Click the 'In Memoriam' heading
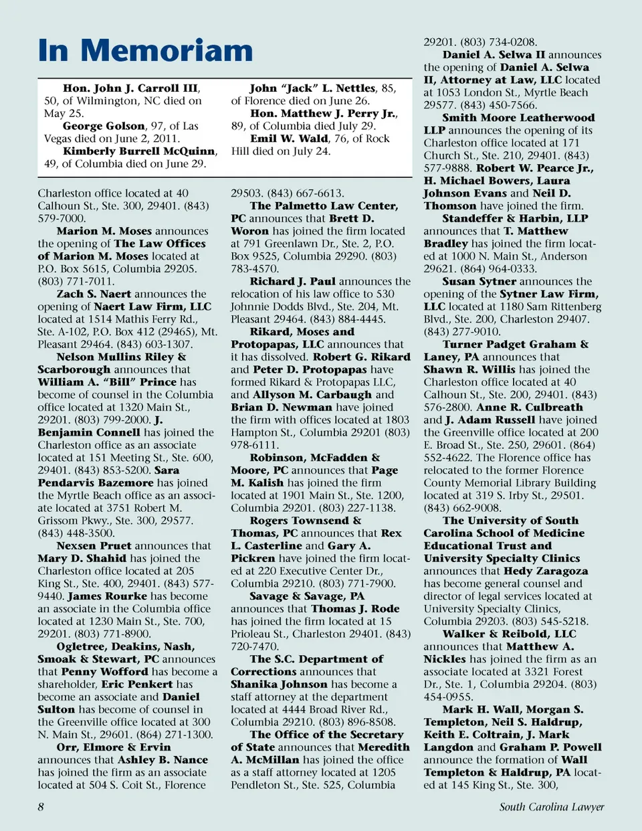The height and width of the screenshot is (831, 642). tap(145, 51)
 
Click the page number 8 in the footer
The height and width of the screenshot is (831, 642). tap(41, 807)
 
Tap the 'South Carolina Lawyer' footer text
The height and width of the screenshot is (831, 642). tap(551, 807)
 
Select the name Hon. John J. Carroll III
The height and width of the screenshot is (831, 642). tap(130, 88)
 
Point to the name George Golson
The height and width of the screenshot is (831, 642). tap(104, 126)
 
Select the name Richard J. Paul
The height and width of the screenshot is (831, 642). tap(292, 282)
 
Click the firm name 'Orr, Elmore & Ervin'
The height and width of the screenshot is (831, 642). tap(114, 747)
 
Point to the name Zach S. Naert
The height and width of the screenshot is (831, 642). tap(94, 294)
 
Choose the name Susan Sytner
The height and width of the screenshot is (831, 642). tap(479, 282)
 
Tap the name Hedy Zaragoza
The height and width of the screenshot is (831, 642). tap(546, 571)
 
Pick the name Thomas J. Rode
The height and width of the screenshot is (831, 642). tap(355, 609)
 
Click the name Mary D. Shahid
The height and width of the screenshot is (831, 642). tap(82, 559)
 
